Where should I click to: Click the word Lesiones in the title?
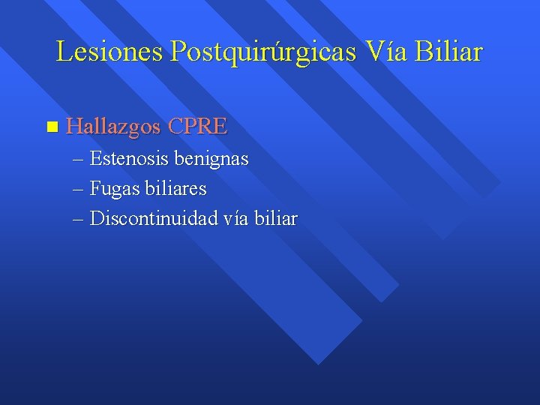point(110,51)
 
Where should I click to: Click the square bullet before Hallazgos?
point(51,127)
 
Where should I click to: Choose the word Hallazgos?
point(113,127)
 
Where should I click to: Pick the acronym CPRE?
point(197,127)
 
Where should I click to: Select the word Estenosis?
point(130,159)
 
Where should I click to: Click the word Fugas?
point(113,190)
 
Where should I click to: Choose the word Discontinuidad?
point(154,219)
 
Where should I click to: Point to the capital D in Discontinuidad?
point(96,219)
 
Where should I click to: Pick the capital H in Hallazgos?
point(73,127)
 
